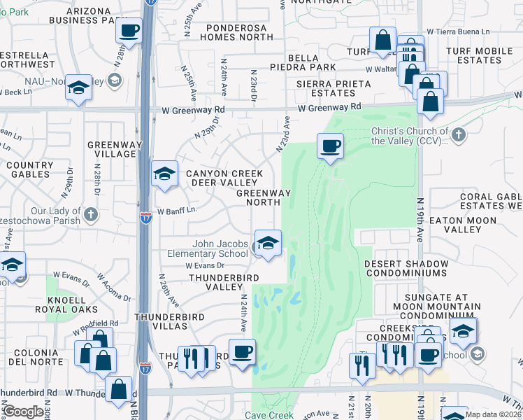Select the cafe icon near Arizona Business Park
point(129,31)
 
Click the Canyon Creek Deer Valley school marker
point(164,174)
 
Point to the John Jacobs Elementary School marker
point(267,244)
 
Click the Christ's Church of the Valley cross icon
point(458,134)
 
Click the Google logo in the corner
point(23,411)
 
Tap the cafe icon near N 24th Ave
point(242,351)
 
